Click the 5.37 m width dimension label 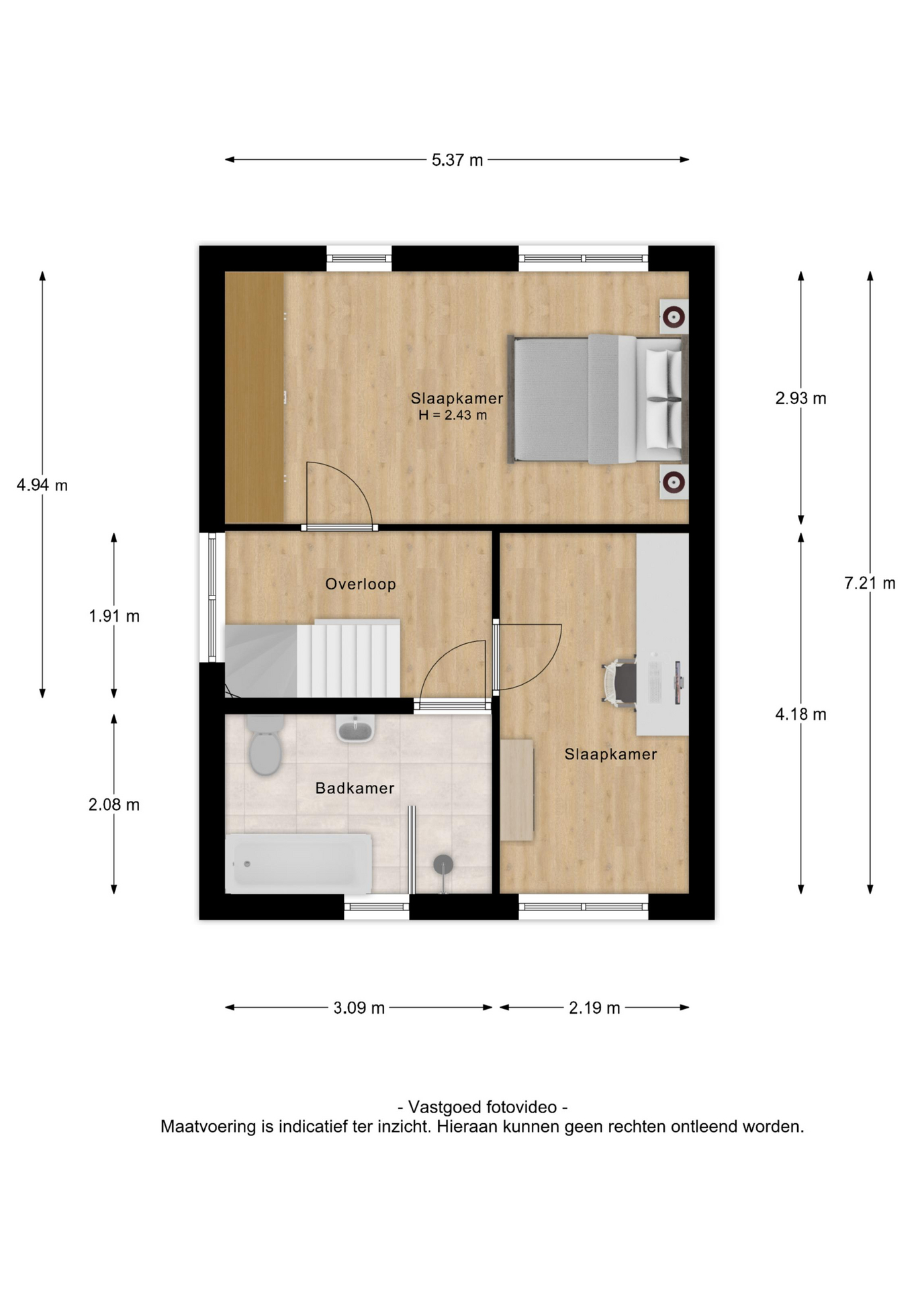pos(457,160)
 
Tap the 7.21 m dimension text pos(870,583)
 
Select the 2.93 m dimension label pos(801,398)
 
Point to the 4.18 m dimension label pos(801,714)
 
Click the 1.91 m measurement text pos(114,616)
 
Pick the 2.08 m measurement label pos(114,804)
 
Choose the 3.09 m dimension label pos(359,1008)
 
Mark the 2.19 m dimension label pos(594,1008)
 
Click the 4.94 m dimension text pos(42,485)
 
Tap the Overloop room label pos(361,584)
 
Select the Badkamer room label pos(355,788)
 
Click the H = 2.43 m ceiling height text pos(453,416)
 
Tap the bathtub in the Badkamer pos(298,863)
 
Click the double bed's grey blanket pos(574,399)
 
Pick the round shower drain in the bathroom pos(443,865)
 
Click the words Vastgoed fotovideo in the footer pos(482,1107)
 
